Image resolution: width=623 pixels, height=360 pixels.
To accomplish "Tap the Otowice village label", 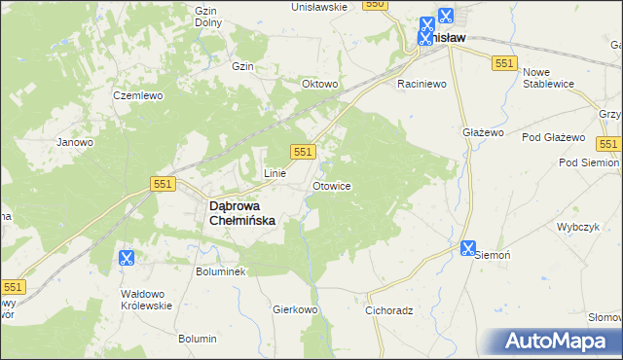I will (331, 185).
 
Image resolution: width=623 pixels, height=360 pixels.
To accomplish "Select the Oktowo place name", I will (319, 84).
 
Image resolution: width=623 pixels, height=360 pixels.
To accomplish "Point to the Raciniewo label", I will (421, 85).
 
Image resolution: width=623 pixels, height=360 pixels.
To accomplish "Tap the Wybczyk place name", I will (576, 226).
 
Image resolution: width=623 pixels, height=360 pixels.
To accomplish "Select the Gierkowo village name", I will (296, 309).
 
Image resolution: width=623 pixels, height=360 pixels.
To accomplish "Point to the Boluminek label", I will (221, 271).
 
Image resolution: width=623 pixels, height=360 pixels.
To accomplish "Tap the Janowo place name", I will (75, 142).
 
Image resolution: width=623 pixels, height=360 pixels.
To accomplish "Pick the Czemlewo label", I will (137, 95).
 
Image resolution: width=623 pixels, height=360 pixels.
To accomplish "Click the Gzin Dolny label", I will (206, 16).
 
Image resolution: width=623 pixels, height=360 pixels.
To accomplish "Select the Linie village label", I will (275, 173).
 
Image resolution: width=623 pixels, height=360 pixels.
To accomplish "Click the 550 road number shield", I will (375, 5).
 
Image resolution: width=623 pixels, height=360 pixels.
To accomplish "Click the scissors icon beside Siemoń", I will (468, 249).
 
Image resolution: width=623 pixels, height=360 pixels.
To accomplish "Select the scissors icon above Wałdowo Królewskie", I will (126, 258).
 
